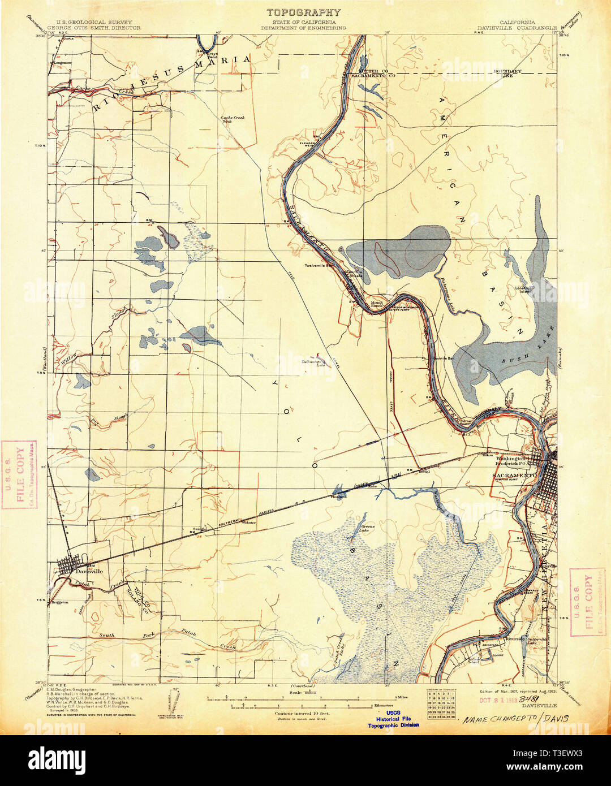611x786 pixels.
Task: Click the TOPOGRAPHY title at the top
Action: (x=304, y=12)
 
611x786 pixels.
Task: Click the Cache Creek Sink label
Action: (x=226, y=119)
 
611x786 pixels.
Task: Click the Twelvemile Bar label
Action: (x=317, y=265)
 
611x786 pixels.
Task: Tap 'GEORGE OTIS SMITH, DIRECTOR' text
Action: (x=93, y=27)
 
